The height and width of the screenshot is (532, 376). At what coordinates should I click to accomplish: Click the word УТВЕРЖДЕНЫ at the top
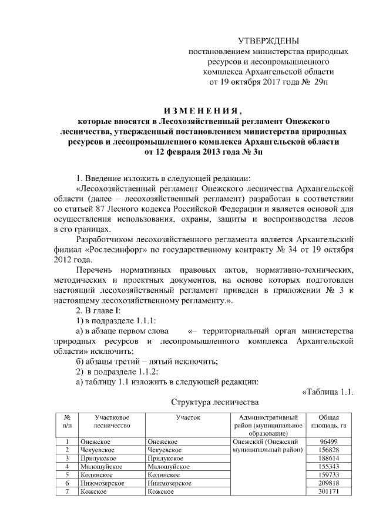pyautogui.click(x=268, y=41)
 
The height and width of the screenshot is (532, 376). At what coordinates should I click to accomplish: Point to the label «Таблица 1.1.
pyautogui.click(x=327, y=392)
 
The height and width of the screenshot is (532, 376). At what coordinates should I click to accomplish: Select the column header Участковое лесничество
pyautogui.click(x=112, y=421)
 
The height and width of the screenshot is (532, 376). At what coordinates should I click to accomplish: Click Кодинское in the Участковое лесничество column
pyautogui.click(x=98, y=474)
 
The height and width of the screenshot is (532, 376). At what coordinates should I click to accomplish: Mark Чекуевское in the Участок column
pyautogui.click(x=164, y=450)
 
